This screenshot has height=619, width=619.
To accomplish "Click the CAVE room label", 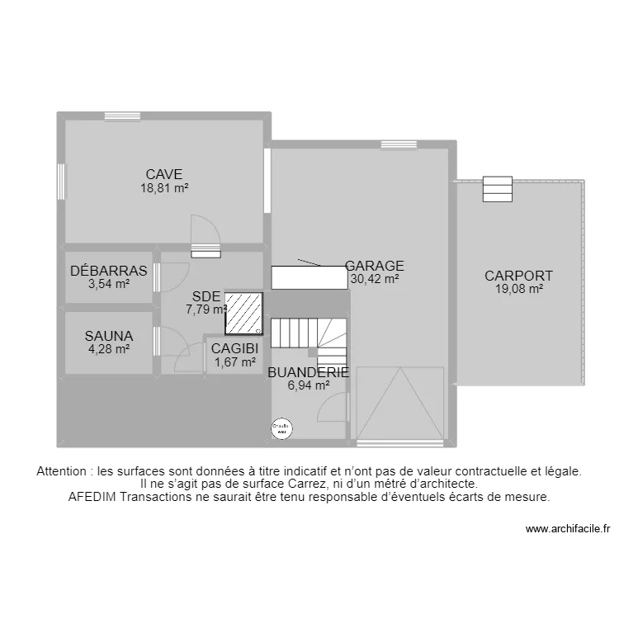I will point(163,174).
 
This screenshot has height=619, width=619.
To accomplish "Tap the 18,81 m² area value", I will point(163,187).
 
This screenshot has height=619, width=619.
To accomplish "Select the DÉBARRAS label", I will point(109,271).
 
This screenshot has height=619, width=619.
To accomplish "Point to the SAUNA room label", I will point(109,336).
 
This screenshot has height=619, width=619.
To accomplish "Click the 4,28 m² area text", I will point(109,348).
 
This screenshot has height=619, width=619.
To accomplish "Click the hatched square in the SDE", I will point(244,314).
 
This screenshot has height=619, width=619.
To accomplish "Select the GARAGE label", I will point(375,266).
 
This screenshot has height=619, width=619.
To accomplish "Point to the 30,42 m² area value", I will point(375,279).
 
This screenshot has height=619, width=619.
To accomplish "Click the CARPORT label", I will point(518,276).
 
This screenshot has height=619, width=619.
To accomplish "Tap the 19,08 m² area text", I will point(518,289).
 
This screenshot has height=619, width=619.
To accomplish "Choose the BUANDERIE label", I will point(309,372).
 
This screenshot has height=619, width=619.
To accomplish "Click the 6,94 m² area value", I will point(309,385).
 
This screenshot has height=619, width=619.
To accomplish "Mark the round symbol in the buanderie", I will point(281,428).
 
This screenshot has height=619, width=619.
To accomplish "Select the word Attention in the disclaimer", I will point(64,471).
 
